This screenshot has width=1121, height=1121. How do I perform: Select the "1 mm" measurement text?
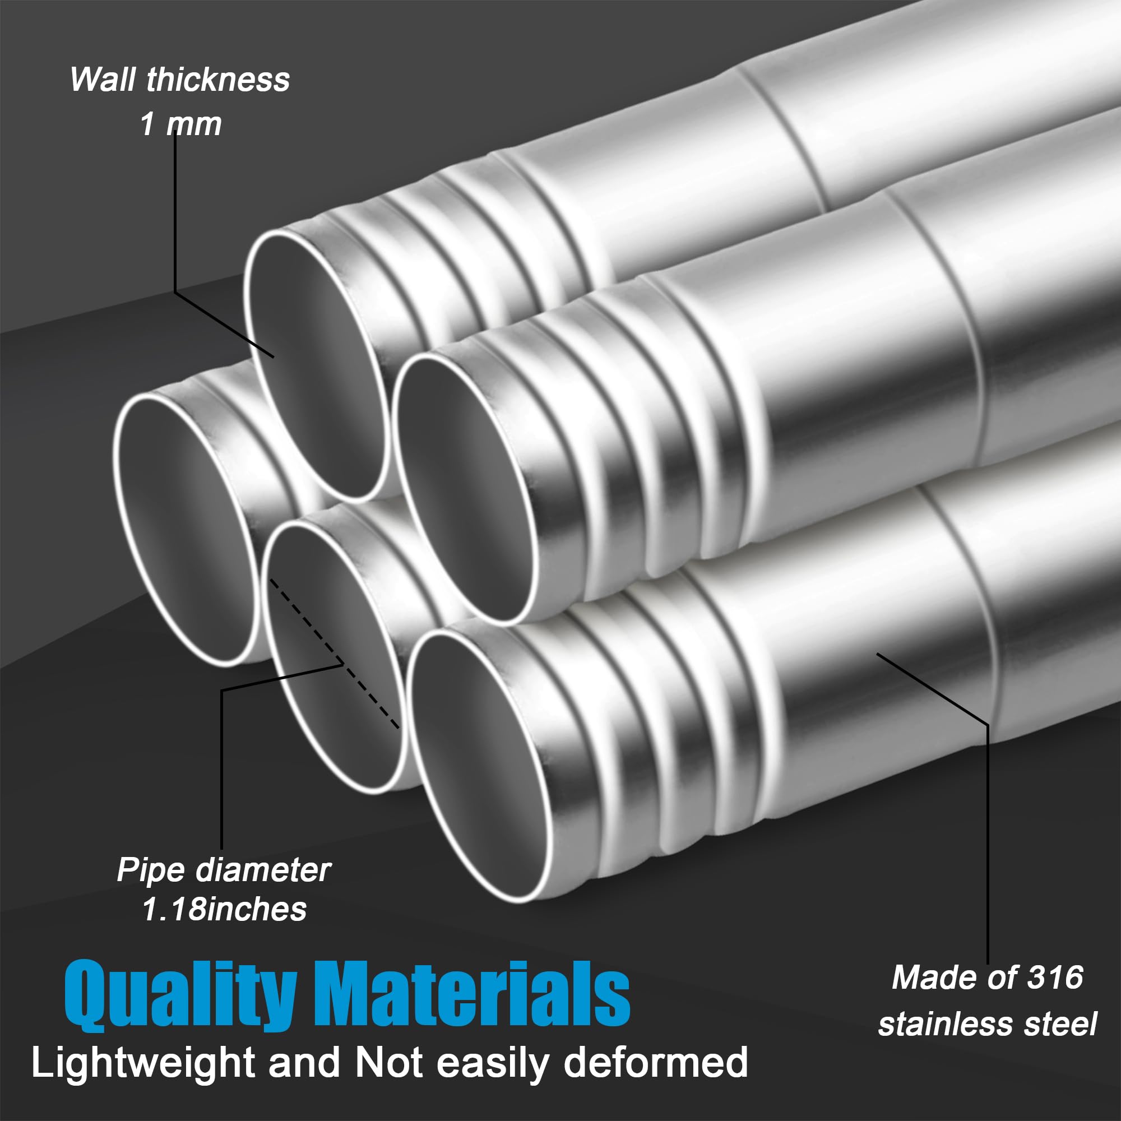click(x=181, y=124)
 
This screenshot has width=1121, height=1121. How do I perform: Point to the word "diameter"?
click(x=263, y=870)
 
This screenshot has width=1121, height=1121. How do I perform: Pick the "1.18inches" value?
click(x=224, y=909)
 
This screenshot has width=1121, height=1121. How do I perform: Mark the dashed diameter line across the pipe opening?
click(x=334, y=654)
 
